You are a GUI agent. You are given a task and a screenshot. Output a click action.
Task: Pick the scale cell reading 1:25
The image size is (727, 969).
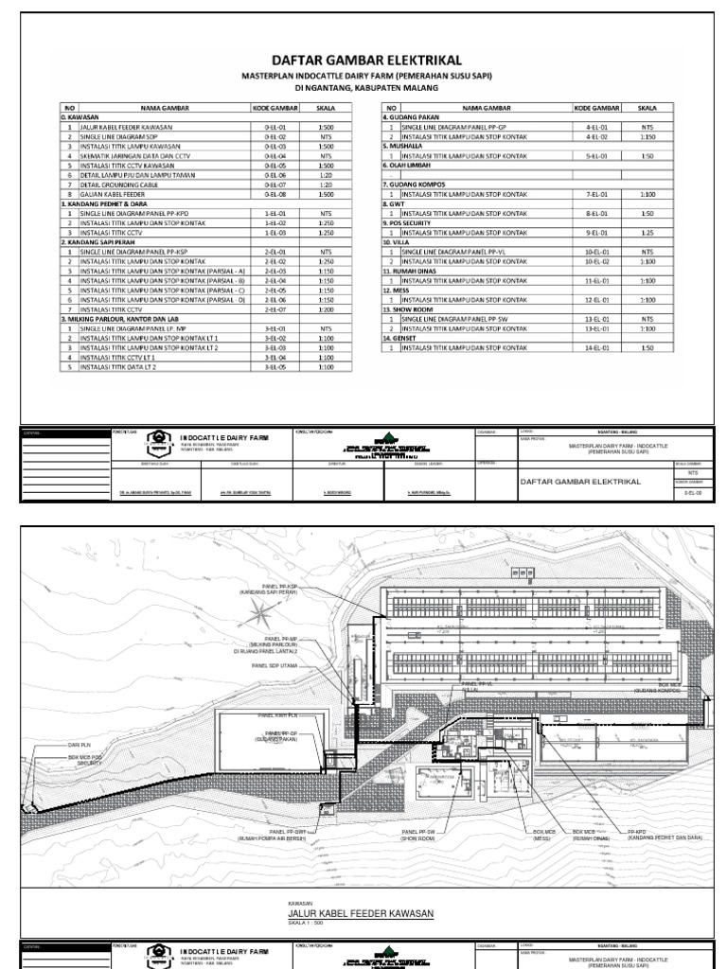tap(647, 233)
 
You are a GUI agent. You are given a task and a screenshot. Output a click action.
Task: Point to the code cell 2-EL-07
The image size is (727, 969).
tap(275, 308)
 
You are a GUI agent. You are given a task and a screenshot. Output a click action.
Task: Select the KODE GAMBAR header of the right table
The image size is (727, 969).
tap(596, 109)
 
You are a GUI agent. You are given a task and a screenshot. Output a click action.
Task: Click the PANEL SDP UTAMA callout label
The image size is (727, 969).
tap(274, 665)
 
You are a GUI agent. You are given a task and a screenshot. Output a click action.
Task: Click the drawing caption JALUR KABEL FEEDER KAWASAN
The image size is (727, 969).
tap(360, 913)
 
